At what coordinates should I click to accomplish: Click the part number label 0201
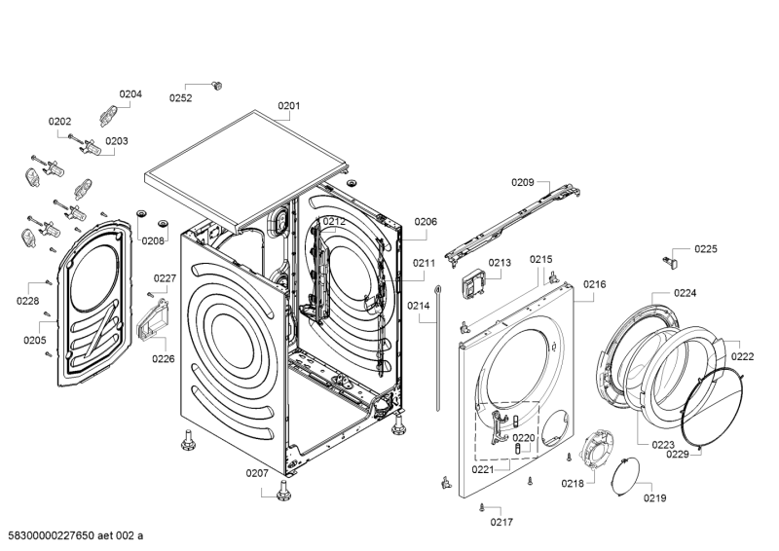pos(289,105)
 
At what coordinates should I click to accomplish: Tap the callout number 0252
pos(180,97)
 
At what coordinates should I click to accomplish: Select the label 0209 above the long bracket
pos(523,182)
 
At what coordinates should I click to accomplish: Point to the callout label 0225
pos(706,250)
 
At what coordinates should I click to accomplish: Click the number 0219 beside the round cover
pos(654,498)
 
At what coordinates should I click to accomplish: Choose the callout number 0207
pos(257,473)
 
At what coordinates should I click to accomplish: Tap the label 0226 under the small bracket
pos(164,358)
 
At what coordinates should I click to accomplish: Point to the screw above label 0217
pos(482,507)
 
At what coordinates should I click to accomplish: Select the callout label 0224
pos(686,292)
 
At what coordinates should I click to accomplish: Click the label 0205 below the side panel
pos(35,340)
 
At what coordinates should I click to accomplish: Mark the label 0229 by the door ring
pos(678,454)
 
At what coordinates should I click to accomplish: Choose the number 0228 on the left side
pos(27,301)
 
